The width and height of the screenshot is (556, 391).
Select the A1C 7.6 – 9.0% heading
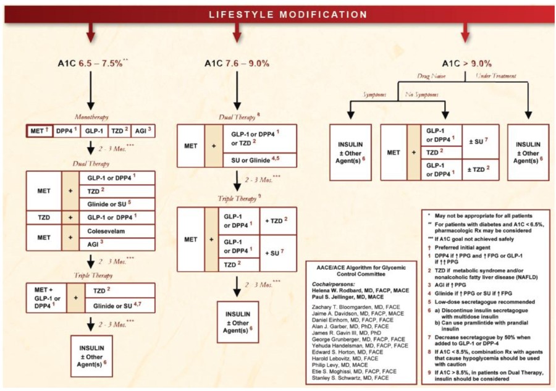point(237,63)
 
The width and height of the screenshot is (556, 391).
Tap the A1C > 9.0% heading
point(466,63)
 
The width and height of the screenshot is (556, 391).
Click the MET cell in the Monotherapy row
point(39,131)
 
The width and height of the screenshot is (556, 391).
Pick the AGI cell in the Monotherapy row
point(141,131)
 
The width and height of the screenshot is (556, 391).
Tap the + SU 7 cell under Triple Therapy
point(277,252)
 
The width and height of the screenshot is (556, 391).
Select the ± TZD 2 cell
point(480,168)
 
